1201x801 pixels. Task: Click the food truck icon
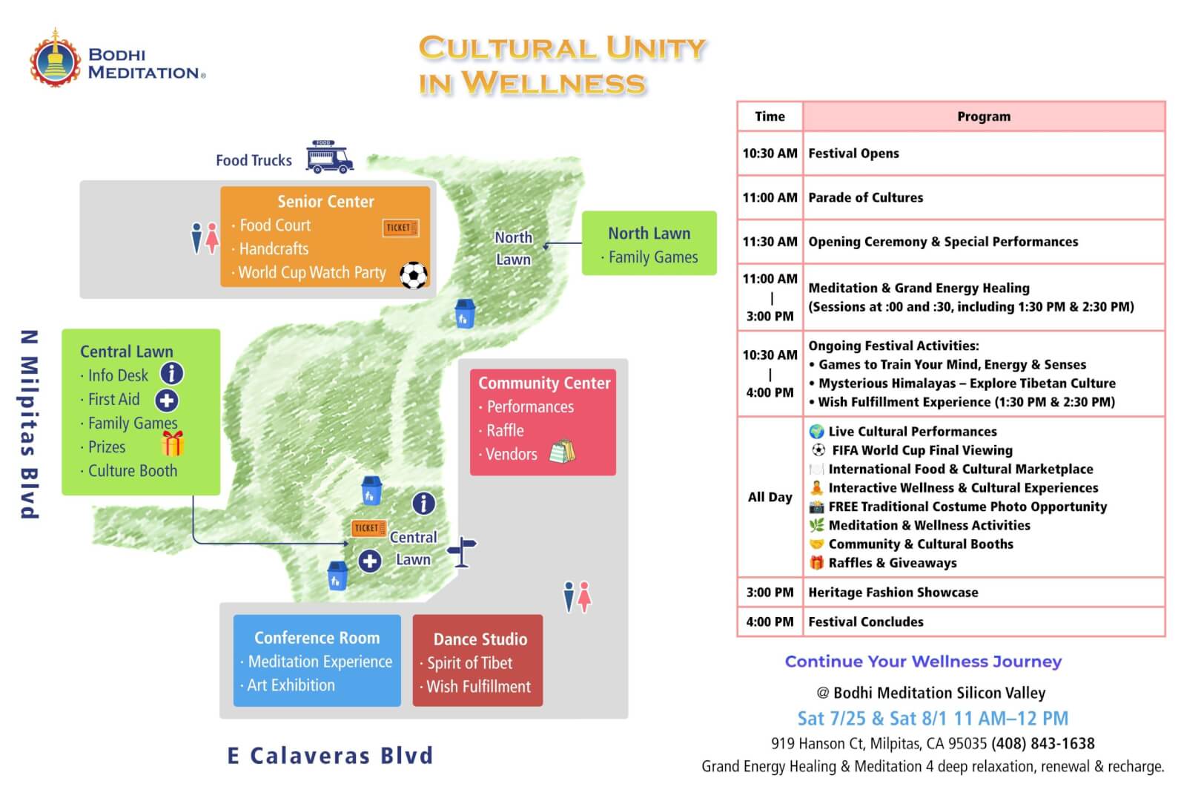click(329, 156)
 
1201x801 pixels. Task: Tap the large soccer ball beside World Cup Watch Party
click(414, 275)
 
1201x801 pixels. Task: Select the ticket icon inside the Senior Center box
click(400, 228)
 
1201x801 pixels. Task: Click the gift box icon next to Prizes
click(173, 444)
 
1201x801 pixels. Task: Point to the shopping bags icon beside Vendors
click(562, 452)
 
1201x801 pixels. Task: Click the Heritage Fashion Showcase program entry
click(893, 593)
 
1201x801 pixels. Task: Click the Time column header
click(770, 116)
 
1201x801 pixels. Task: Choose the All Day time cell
click(770, 498)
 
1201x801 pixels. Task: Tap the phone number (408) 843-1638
click(1043, 744)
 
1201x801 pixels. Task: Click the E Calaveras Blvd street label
click(331, 756)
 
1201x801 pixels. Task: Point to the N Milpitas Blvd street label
click(30, 424)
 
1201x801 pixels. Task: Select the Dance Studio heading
click(480, 639)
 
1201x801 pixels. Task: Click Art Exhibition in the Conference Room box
click(291, 685)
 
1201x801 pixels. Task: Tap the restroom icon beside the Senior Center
click(205, 237)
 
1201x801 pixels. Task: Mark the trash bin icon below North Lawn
click(464, 313)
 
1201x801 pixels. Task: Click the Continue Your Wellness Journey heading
click(923, 662)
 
